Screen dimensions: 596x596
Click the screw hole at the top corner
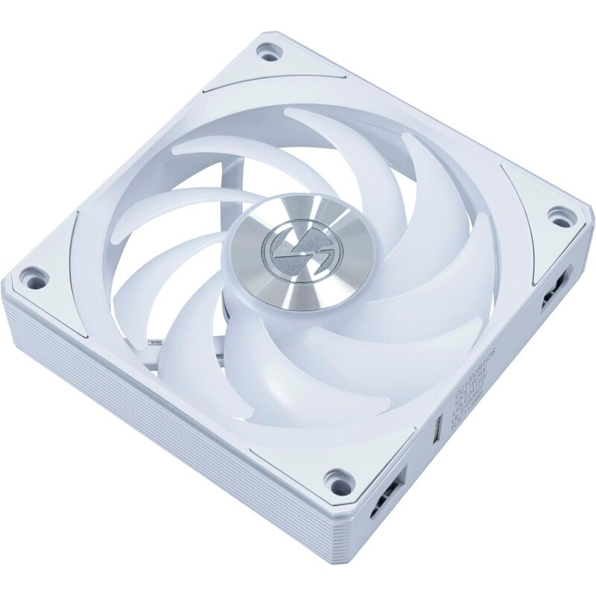[x=266, y=53]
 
